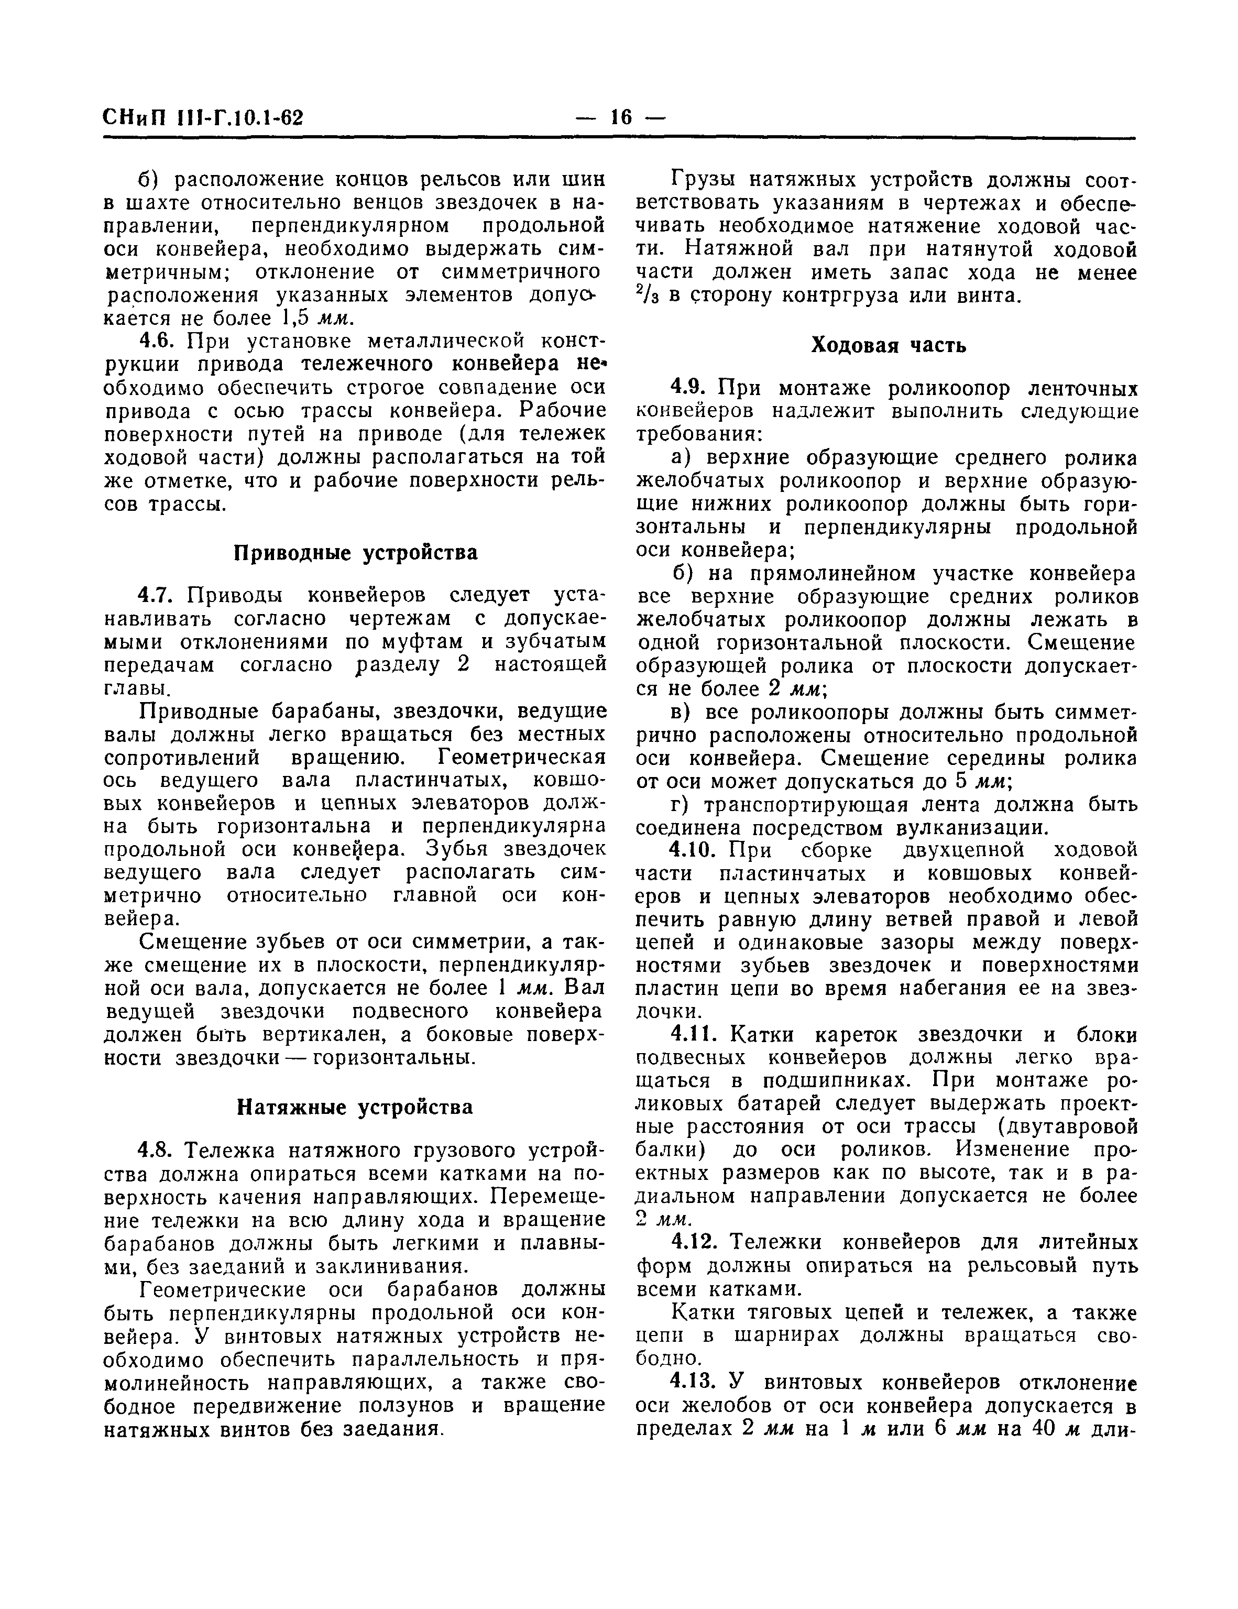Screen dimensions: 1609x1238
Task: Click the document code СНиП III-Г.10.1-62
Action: (x=203, y=118)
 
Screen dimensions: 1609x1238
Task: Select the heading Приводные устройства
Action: (x=355, y=553)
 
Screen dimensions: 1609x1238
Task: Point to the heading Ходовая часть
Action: (x=888, y=345)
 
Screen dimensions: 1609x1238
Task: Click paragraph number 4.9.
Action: (x=690, y=388)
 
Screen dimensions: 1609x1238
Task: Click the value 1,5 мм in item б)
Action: (x=317, y=318)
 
